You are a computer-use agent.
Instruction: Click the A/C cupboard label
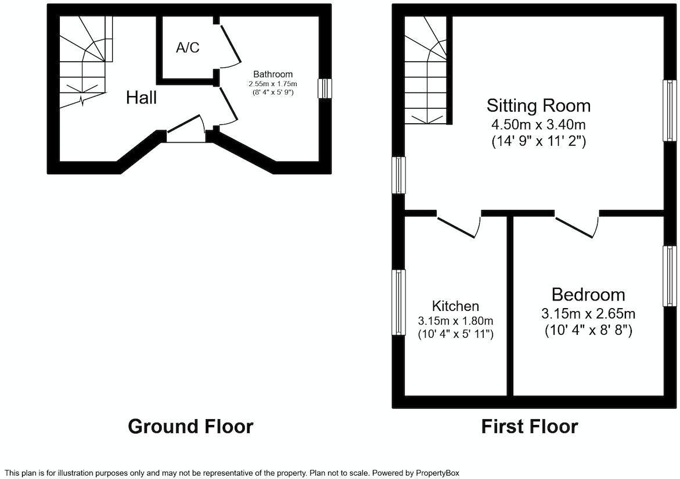(188, 48)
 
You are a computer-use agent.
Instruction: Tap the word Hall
(141, 98)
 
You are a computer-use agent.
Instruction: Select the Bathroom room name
(273, 74)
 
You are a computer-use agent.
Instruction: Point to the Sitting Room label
(538, 105)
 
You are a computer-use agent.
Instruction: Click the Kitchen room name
(455, 306)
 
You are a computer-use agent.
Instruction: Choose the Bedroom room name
(588, 294)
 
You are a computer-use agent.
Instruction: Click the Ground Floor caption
(190, 426)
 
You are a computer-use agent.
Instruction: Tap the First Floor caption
(530, 426)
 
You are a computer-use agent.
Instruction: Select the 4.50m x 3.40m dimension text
(538, 124)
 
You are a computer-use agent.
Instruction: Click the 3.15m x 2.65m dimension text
(588, 314)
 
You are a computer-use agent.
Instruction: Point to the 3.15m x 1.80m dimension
(455, 321)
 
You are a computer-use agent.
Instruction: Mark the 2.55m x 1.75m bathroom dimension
(273, 84)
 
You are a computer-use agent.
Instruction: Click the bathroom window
(325, 89)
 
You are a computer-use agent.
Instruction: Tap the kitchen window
(399, 302)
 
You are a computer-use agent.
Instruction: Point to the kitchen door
(459, 226)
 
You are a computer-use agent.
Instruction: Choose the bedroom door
(577, 226)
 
